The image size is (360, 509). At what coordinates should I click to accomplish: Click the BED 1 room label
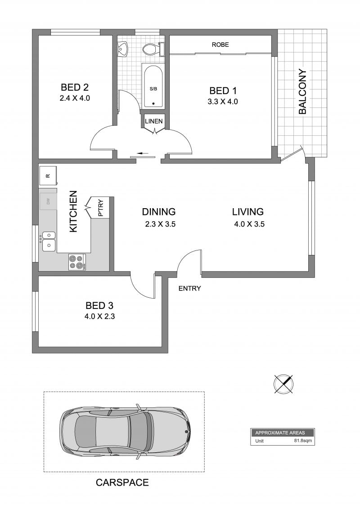pos(223,90)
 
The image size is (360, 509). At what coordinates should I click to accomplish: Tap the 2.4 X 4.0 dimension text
pos(75,98)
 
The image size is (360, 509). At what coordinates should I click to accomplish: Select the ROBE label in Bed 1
pos(220,45)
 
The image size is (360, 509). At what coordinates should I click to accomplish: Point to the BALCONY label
pos(302,92)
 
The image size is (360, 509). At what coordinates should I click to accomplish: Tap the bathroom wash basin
pos(123,49)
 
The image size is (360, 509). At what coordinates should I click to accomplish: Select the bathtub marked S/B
pos(153,86)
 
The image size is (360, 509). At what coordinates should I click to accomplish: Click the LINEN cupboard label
pos(154,121)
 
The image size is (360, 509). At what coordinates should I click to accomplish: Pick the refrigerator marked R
pos(48,176)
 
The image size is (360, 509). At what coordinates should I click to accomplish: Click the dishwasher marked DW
pos(48,201)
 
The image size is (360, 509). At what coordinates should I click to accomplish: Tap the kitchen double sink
pos(49,241)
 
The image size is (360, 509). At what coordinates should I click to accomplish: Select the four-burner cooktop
pos(77,262)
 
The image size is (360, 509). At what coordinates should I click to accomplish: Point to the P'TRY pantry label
pos(101,208)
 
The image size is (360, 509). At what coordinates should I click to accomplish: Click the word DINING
pos(159,212)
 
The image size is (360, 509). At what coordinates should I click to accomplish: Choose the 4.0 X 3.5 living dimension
pos(249,224)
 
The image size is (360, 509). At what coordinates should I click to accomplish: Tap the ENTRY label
pos(190,288)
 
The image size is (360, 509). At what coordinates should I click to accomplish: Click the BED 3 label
pos(99,305)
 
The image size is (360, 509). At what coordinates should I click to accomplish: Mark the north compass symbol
pos(283,384)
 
